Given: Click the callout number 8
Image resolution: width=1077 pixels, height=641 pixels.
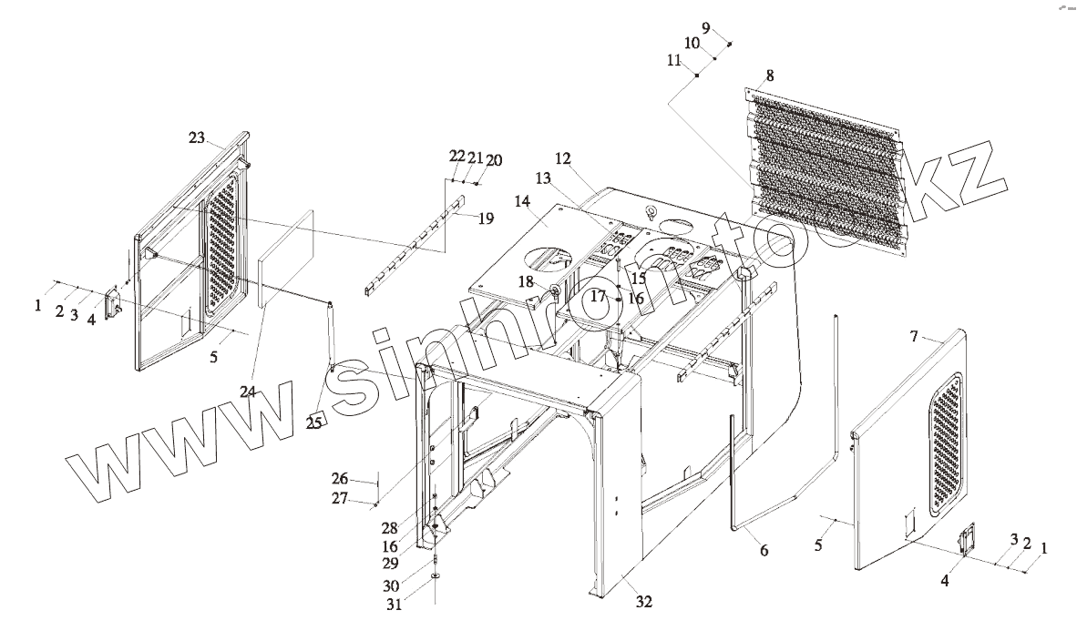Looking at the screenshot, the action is click(x=770, y=76).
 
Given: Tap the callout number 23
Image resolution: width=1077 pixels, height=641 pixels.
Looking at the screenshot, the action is click(x=197, y=137).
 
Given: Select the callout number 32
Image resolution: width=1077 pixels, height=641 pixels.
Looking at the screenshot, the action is click(x=644, y=601).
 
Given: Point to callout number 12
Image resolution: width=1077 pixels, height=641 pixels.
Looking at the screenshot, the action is click(x=563, y=159).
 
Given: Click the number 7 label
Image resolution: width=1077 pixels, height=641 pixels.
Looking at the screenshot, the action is click(x=915, y=337).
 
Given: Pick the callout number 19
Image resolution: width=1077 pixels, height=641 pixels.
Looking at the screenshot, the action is click(x=486, y=219).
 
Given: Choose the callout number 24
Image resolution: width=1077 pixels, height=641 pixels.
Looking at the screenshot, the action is click(x=248, y=392).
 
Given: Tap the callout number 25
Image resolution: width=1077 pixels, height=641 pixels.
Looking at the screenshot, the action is click(x=314, y=422).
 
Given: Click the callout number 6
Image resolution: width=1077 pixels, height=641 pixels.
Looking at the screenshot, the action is click(x=764, y=550).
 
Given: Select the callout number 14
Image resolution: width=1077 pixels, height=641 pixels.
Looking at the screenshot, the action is click(x=522, y=201).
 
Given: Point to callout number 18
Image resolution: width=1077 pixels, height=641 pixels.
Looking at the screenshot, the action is click(x=527, y=282).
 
